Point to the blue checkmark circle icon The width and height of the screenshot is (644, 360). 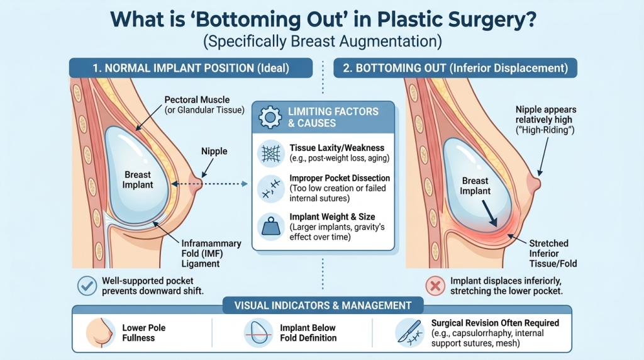[x=86, y=286]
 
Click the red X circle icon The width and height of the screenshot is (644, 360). [x=435, y=286]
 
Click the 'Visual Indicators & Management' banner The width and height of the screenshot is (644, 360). [x=322, y=306]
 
